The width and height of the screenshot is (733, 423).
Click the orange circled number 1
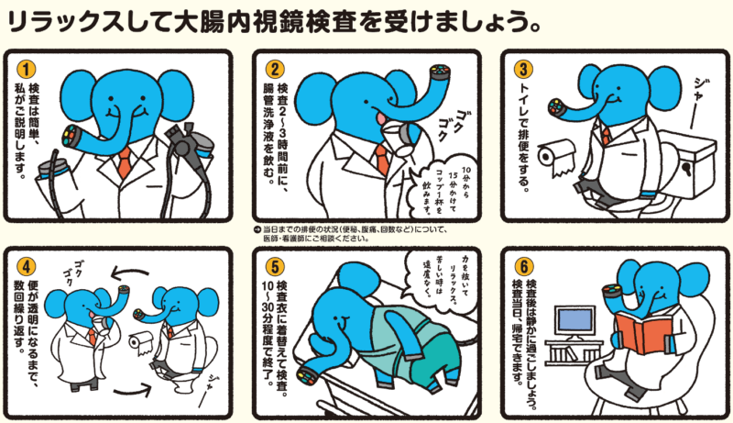[27, 69]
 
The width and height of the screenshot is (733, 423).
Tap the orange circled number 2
[275, 69]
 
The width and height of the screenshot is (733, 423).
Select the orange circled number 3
[523, 69]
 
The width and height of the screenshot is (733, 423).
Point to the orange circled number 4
[27, 267]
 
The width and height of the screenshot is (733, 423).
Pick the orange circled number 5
[275, 267]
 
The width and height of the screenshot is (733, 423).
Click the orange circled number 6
[523, 267]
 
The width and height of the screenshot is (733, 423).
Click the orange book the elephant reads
[644, 331]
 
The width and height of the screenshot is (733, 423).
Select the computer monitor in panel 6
[574, 322]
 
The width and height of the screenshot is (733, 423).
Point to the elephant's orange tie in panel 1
[125, 161]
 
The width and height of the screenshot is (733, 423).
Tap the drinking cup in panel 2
[403, 139]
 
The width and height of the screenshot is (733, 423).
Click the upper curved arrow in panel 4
[130, 272]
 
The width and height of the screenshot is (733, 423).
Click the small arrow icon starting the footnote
[257, 229]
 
